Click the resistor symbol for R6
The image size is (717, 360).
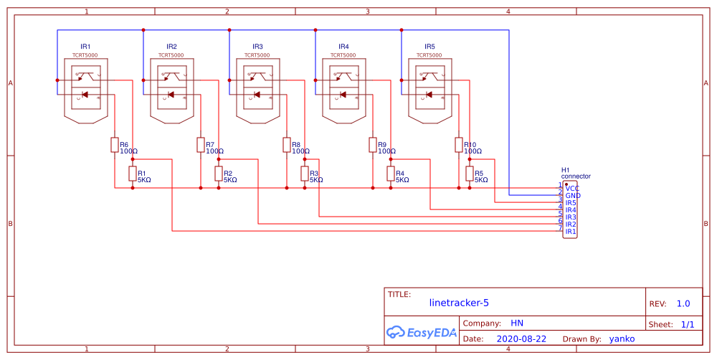click(114, 145)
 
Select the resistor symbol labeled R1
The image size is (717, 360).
click(132, 174)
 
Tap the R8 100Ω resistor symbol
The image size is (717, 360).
click(286, 145)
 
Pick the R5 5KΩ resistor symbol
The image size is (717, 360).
click(470, 174)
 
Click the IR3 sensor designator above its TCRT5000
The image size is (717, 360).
click(257, 47)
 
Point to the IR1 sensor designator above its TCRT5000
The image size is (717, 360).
click(85, 47)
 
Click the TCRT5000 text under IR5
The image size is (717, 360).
click(429, 55)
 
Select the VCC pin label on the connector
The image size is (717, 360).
click(572, 189)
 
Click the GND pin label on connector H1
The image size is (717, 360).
click(573, 196)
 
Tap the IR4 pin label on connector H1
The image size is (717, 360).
click(571, 210)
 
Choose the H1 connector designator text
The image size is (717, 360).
click(565, 170)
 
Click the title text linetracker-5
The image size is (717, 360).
click(459, 303)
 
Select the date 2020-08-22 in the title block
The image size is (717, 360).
click(521, 338)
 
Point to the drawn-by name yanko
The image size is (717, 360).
click(622, 338)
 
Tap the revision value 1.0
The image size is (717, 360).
click(683, 304)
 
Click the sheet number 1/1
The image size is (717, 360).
click(687, 325)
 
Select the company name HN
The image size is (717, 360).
click(516, 323)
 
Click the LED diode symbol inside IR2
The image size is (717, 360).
click(171, 95)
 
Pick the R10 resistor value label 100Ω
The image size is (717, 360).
click(473, 151)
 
